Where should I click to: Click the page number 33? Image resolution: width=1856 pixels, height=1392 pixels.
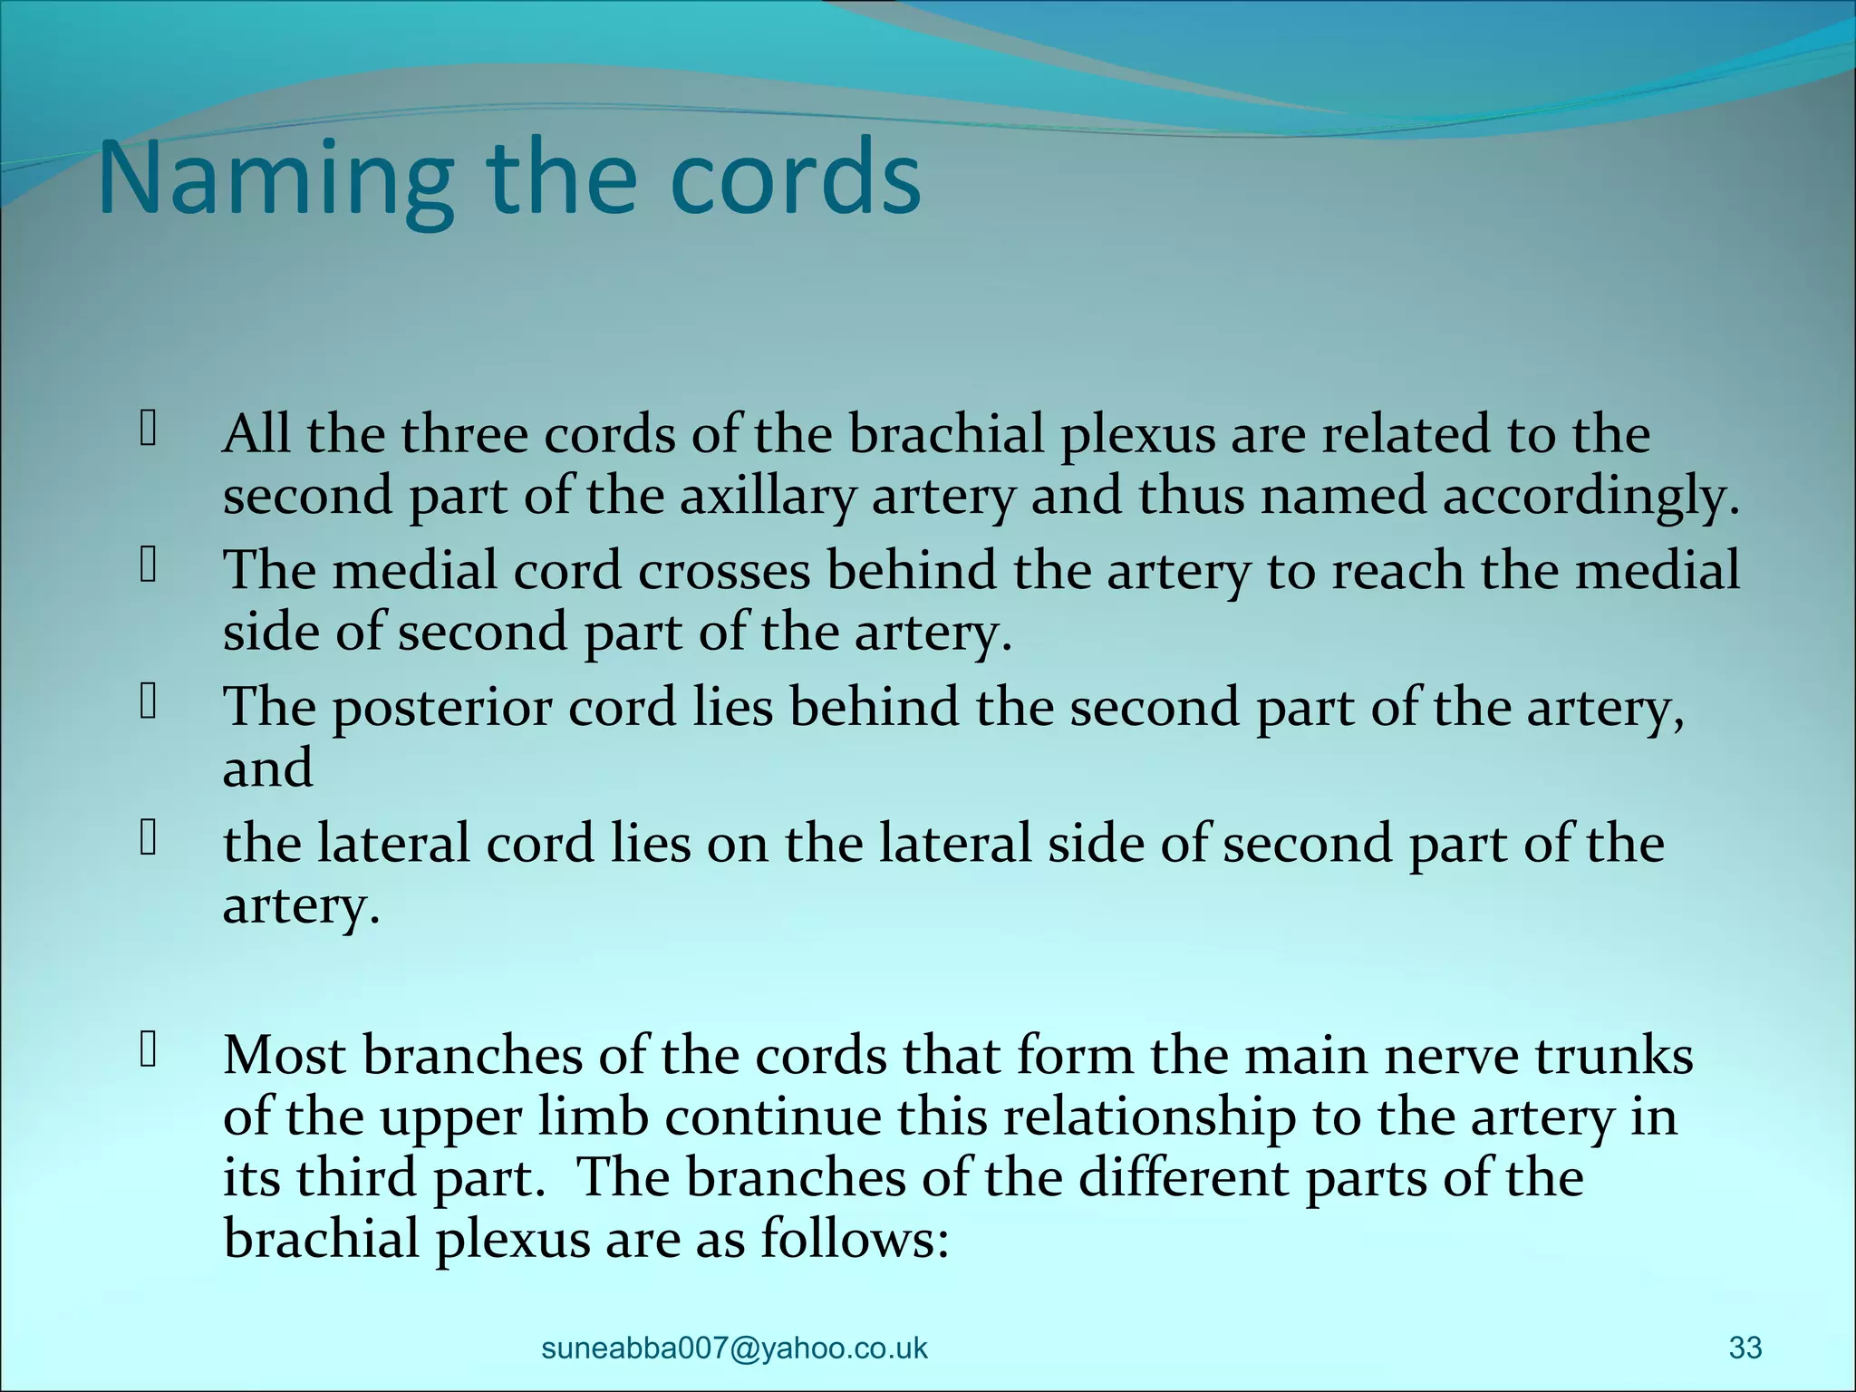[x=1745, y=1348]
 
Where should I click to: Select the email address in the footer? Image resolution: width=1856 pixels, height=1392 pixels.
[x=734, y=1348]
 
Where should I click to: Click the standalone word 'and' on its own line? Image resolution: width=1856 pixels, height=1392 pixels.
[x=268, y=768]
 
